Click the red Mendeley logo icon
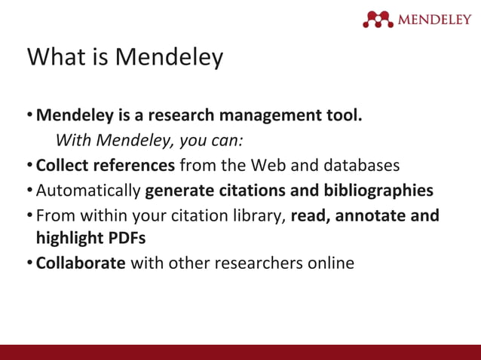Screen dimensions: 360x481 pos(378,19)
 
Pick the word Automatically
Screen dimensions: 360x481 pos(88,190)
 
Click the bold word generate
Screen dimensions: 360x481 pos(178,191)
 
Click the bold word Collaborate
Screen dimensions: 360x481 pos(81,264)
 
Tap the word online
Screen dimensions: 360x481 pos(329,264)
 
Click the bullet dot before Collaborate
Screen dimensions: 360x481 pos(30,264)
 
